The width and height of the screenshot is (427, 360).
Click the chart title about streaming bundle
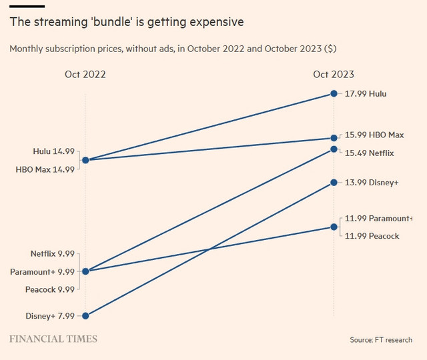tap(127, 22)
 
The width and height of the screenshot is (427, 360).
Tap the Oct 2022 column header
tap(85, 75)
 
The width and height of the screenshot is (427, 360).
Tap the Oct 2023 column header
tap(334, 75)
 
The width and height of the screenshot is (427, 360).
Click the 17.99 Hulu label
tap(366, 94)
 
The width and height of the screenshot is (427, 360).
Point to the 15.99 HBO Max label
tap(374, 135)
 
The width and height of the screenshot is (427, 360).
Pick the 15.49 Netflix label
tap(370, 153)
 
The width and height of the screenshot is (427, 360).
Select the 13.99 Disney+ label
tap(372, 183)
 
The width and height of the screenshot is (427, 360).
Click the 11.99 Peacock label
tap(372, 236)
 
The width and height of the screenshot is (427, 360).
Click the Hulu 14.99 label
tap(53, 151)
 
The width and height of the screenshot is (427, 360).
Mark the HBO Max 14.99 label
tap(45, 169)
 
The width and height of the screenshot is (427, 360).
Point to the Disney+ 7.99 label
tap(49, 316)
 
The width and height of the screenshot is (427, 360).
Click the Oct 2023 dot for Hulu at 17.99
tap(334, 94)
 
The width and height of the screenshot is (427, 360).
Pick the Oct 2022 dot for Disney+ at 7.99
tap(85, 316)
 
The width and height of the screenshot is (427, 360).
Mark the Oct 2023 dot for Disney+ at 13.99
tap(334, 183)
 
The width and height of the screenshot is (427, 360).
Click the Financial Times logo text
tap(53, 339)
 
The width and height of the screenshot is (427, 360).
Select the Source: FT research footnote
tap(381, 340)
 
